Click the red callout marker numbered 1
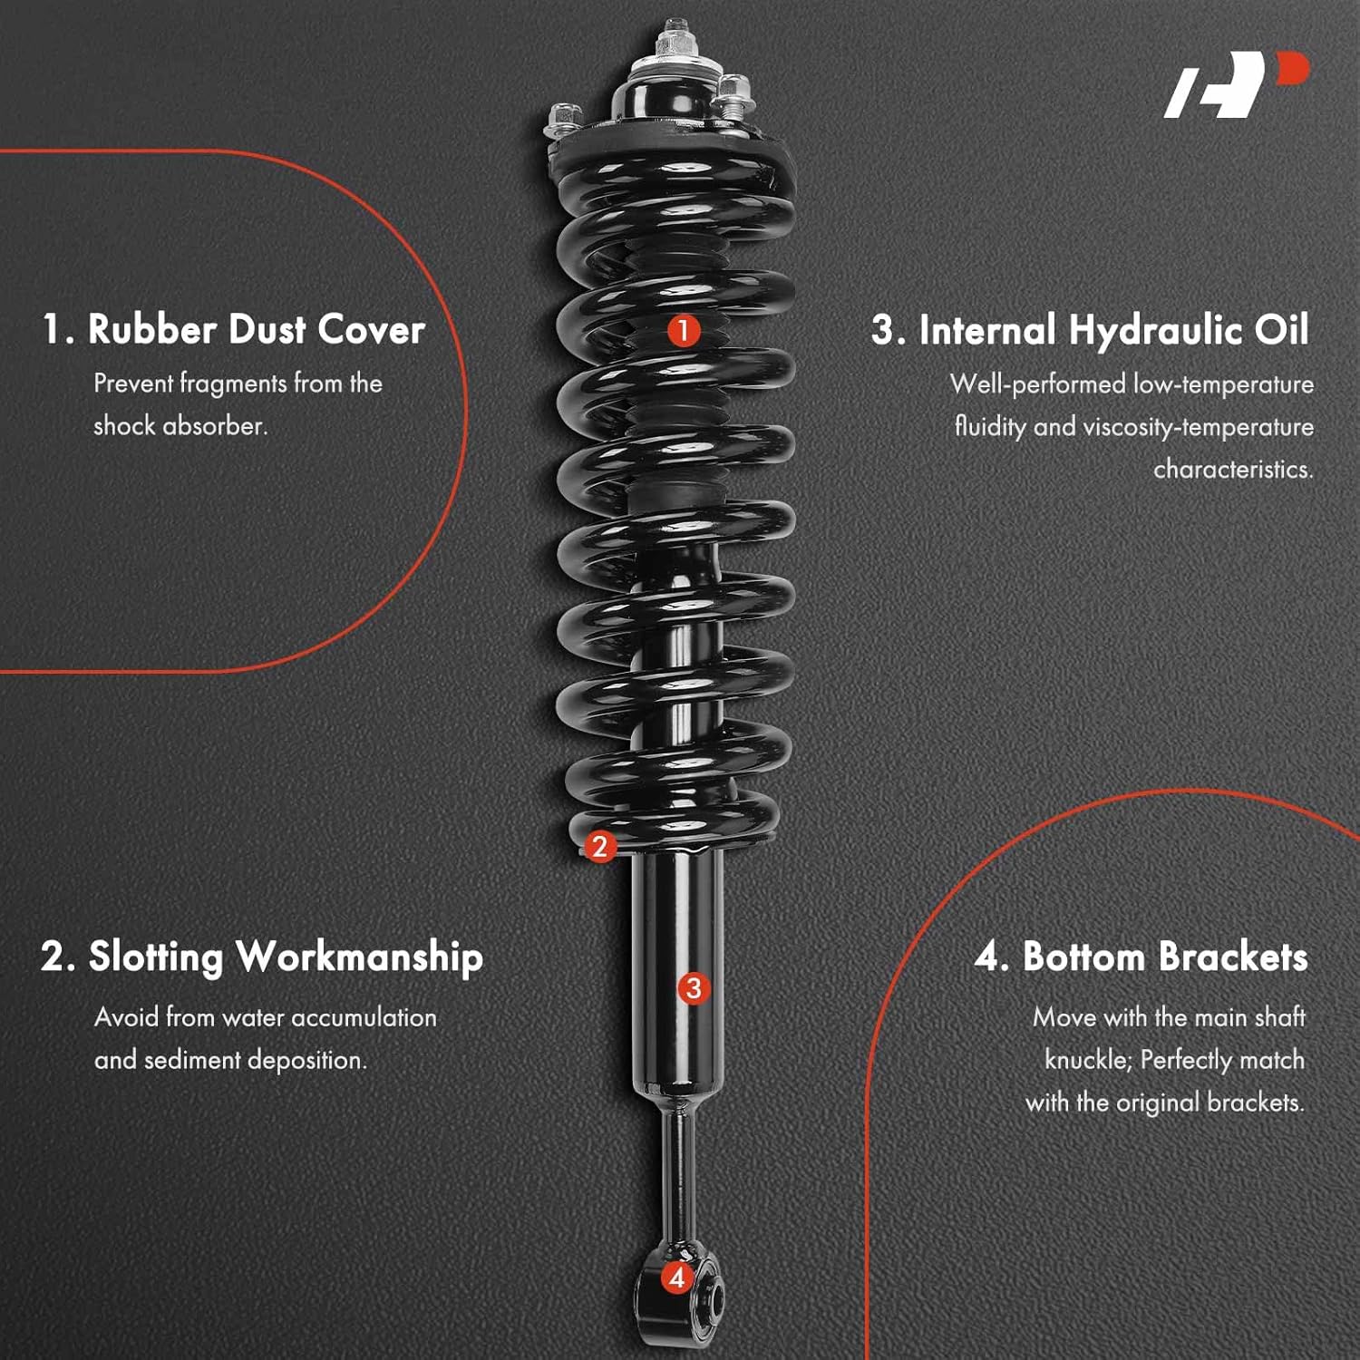coord(684,330)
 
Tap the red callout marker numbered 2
coord(599,847)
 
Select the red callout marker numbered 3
coord(694,987)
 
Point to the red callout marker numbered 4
coord(676,1277)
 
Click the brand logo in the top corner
coord(1237,84)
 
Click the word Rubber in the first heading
coord(152,329)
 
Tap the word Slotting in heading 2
coord(155,958)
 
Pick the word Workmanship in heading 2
coord(359,958)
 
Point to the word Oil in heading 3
coord(1281,329)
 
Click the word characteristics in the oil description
coord(1233,470)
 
